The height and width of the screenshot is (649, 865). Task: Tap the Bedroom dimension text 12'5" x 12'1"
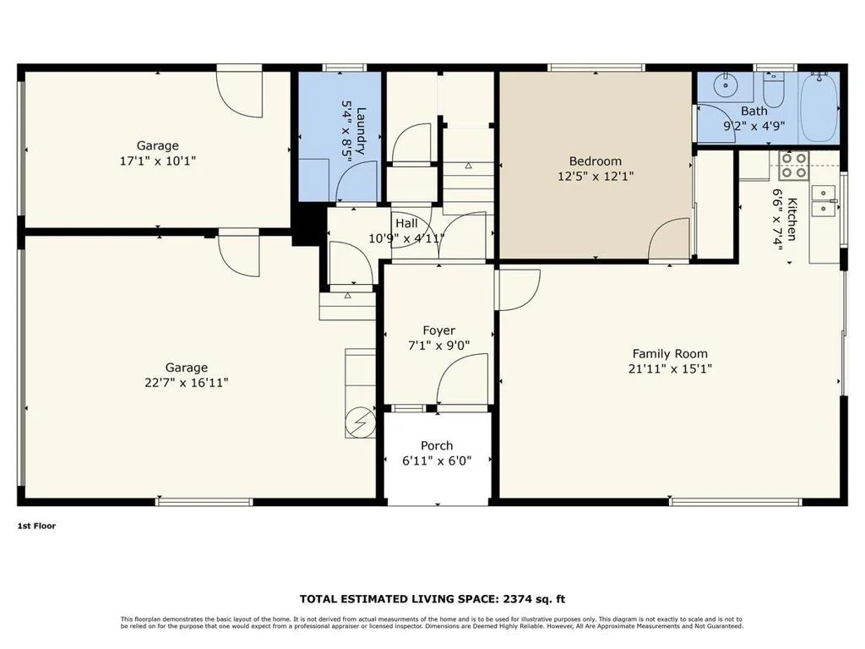coord(596,177)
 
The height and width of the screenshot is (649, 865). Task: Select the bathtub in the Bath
coord(819,107)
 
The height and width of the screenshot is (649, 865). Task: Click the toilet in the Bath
coord(774,90)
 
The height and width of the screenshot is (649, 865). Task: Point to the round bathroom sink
coord(723,85)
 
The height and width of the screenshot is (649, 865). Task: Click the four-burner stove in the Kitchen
coord(792,165)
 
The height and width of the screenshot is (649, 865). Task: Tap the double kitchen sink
coord(823,199)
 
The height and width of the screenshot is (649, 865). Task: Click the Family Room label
coord(670,354)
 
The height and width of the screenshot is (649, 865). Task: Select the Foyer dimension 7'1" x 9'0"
coord(438,346)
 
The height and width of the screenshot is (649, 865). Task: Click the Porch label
coord(437,445)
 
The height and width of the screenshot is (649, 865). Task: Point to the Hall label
coord(406,223)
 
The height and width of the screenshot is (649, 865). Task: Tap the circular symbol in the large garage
coord(360,423)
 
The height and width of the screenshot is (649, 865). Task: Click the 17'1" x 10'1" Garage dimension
coord(158,161)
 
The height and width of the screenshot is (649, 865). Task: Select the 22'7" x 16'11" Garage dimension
coord(187,383)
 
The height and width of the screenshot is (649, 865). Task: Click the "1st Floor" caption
coord(36,526)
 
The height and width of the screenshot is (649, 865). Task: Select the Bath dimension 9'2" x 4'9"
coord(754,126)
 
